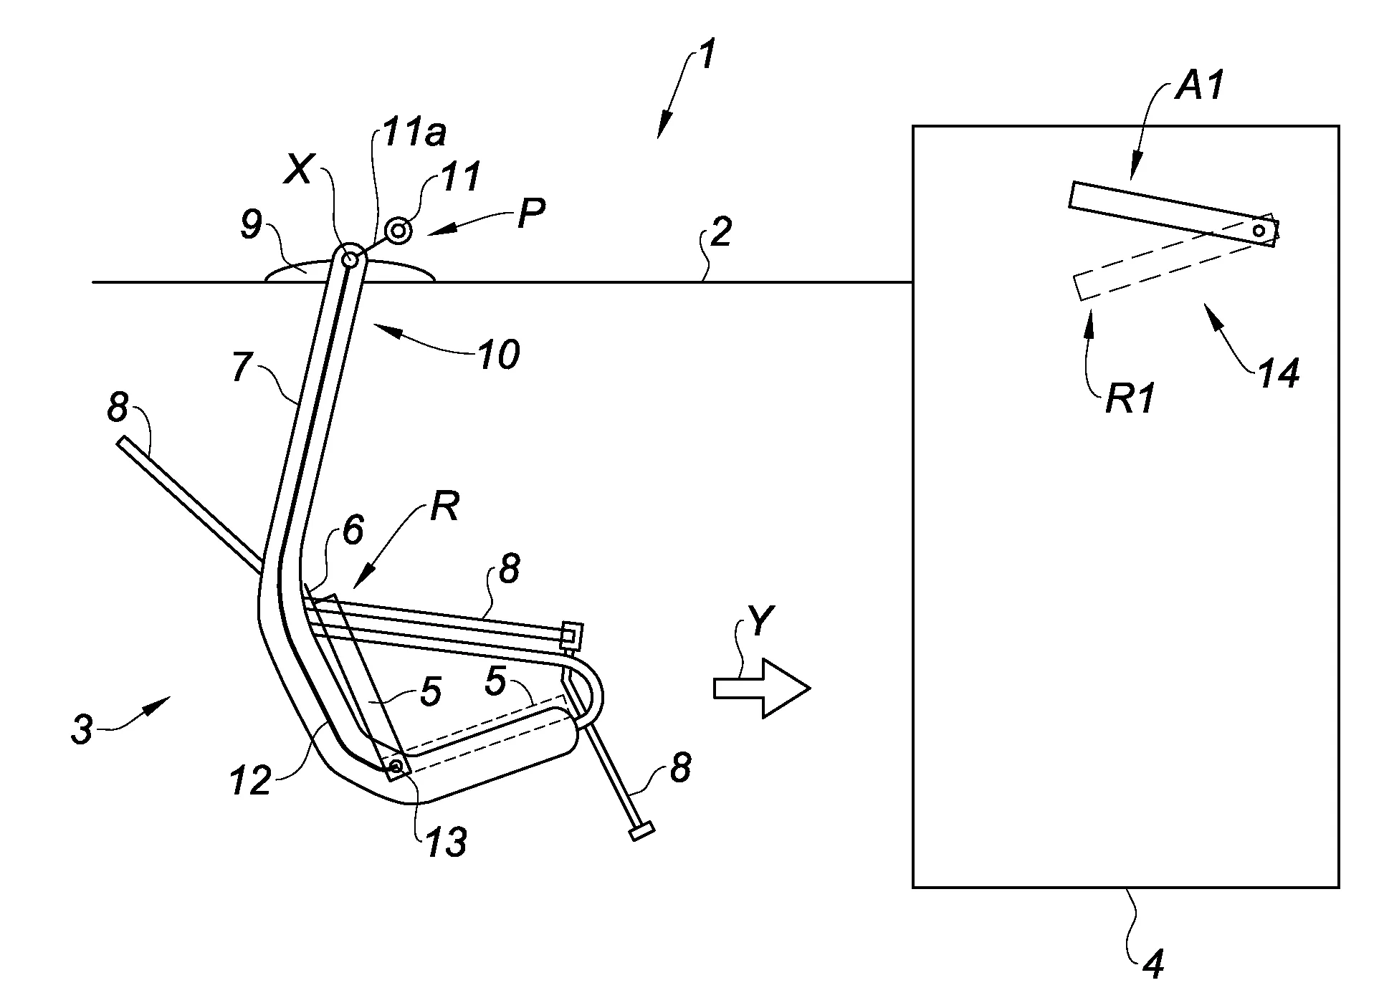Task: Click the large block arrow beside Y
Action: [762, 688]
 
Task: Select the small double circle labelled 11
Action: [398, 231]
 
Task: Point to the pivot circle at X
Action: [350, 259]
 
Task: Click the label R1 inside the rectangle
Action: [1130, 398]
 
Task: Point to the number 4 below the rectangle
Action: [1149, 964]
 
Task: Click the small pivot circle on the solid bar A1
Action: [1259, 230]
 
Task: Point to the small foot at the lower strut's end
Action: [641, 832]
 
